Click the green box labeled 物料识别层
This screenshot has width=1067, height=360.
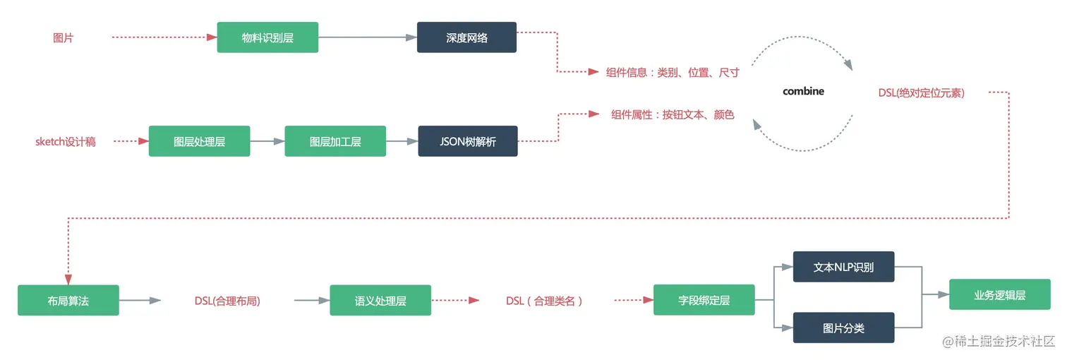(x=267, y=37)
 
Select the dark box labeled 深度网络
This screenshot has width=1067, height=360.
(x=466, y=37)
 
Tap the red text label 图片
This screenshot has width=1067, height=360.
(x=63, y=38)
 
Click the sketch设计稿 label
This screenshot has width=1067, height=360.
(x=66, y=141)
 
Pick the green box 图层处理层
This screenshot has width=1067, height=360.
(x=199, y=141)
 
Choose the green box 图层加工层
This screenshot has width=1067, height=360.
(x=335, y=141)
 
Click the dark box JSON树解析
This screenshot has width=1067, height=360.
(x=468, y=141)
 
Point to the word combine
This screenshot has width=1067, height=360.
(x=803, y=91)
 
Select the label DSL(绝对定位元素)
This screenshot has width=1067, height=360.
(x=921, y=92)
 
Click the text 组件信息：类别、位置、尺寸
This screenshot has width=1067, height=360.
(x=673, y=72)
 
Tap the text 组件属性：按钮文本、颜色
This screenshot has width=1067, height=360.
(x=673, y=114)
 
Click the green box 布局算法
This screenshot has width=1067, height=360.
(x=68, y=301)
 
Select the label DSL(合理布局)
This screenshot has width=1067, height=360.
(x=227, y=301)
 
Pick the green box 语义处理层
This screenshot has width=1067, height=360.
(x=380, y=301)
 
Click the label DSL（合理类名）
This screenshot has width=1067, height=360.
(x=545, y=301)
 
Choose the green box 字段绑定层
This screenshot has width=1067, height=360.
(x=704, y=301)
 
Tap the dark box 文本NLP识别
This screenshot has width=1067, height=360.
(x=843, y=268)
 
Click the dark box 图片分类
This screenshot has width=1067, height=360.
(x=843, y=328)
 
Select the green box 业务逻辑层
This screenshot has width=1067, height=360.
(x=999, y=295)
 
